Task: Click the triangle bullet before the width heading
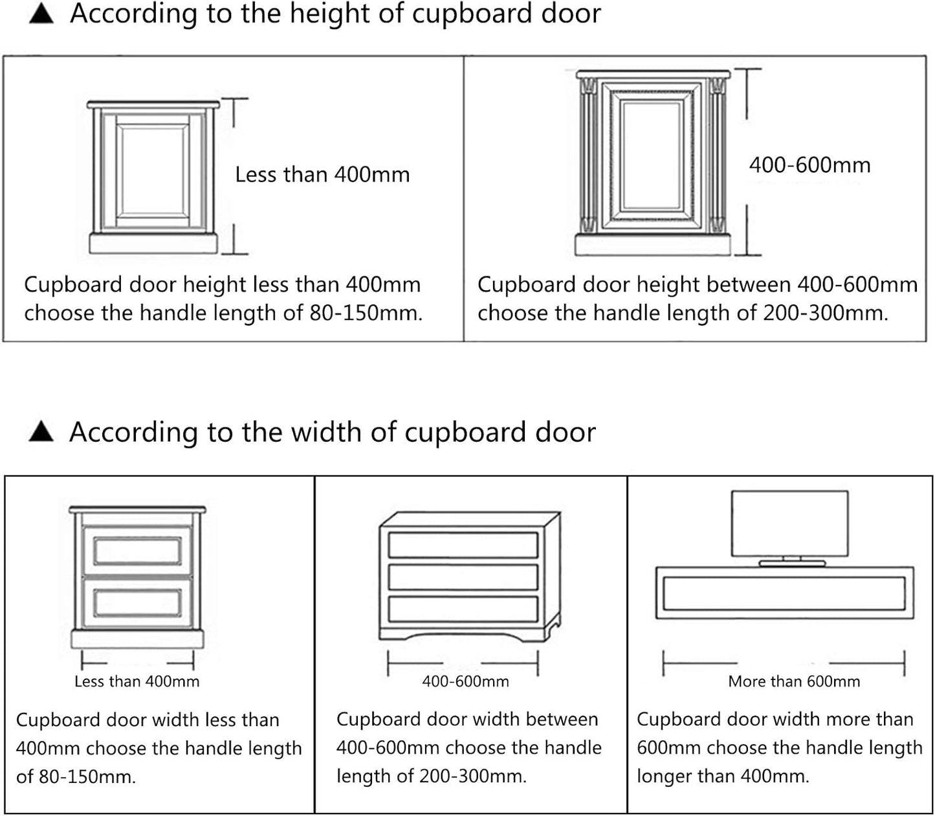(42, 432)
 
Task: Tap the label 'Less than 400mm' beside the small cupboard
(322, 175)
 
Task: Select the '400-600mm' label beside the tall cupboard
(809, 165)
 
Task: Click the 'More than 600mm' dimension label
(794, 681)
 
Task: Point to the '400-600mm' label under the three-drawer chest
(465, 681)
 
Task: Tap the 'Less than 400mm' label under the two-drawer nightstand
(137, 681)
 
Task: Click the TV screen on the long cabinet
(789, 523)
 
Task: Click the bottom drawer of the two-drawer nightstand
(137, 601)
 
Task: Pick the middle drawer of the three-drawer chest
(463, 577)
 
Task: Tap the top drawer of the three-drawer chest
(463, 545)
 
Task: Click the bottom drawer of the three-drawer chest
(463, 609)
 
